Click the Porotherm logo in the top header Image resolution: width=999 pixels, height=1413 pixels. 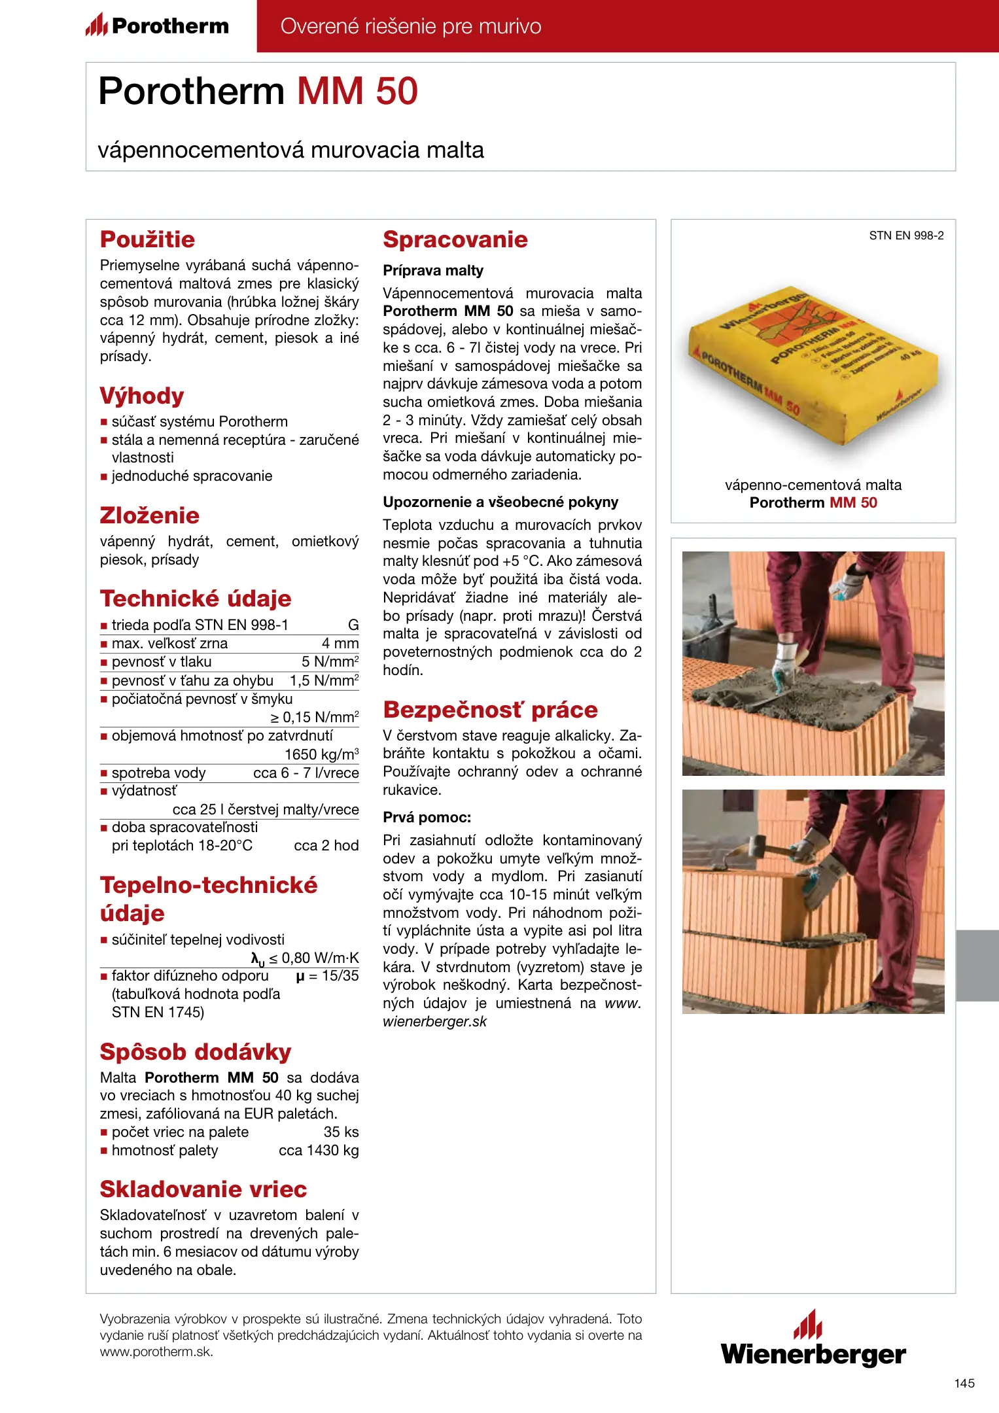[x=158, y=26]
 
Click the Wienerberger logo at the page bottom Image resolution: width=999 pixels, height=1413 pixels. [x=813, y=1340]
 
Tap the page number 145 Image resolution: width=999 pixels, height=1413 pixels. [x=964, y=1383]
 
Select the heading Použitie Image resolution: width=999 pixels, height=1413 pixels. [x=147, y=239]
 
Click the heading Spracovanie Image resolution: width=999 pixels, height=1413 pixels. [x=455, y=239]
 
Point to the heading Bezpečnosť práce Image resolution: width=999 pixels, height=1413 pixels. [x=490, y=710]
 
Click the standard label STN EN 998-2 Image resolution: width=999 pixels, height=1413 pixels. [x=906, y=235]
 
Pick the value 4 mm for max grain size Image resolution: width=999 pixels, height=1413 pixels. [x=340, y=643]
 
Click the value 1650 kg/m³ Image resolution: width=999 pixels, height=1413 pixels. [x=321, y=754]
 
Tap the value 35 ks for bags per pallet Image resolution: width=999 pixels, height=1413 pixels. [x=341, y=1132]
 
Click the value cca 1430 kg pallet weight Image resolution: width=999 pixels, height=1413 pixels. [x=319, y=1150]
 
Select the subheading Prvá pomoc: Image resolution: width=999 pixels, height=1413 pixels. [x=427, y=817]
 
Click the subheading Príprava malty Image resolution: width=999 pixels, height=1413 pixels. [x=433, y=270]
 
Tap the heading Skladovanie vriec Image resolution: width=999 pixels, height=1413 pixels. [x=203, y=1189]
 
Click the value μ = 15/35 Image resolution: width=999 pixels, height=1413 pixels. [x=327, y=976]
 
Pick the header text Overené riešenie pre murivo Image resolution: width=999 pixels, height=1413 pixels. [x=411, y=26]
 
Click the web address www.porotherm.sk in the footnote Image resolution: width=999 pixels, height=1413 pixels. [x=156, y=1352]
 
